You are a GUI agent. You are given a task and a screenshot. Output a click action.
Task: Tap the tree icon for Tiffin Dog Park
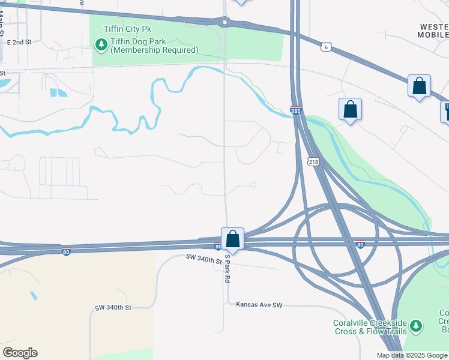coord(100,44)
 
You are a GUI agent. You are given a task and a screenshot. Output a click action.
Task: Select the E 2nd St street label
coord(19,43)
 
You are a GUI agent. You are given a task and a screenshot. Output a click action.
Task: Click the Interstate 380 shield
coord(295,111)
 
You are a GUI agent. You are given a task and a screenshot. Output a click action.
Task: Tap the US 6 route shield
coord(326,46)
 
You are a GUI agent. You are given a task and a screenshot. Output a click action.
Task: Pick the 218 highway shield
coord(313,162)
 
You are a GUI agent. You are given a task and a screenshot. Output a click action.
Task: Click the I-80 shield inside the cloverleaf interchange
coord(360,244)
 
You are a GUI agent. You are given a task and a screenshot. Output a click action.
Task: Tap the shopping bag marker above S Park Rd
coord(232,239)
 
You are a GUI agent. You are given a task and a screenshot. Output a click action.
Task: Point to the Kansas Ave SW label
coord(259,305)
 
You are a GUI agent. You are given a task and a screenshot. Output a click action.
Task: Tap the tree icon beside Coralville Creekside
coord(416,326)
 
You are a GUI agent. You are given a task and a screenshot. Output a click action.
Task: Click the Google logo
coord(20,353)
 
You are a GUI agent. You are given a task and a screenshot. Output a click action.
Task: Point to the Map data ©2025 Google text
coord(412,355)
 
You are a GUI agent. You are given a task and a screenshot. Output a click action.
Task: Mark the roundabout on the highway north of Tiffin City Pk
coord(225,23)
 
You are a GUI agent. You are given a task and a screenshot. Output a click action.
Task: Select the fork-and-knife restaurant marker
coord(447,112)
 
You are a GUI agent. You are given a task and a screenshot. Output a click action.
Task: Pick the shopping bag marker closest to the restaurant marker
coord(419,86)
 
